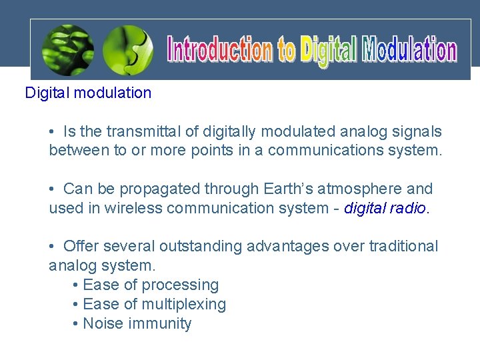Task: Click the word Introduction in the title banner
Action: pos(219,51)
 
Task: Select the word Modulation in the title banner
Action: pos(409,51)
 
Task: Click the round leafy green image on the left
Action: pos(68,51)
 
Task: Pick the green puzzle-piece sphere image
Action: pos(130,51)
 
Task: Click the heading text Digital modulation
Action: pos(88,93)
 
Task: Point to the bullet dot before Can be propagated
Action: pos(53,189)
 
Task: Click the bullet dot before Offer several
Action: pos(53,247)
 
